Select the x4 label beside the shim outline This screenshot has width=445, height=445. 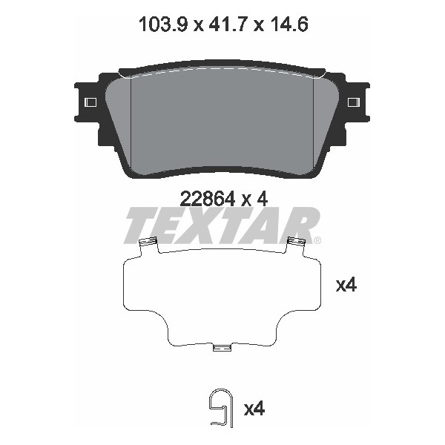[x=346, y=285]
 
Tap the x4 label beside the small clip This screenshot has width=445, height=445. [x=254, y=407]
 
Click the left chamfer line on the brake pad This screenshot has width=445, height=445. [x=131, y=119]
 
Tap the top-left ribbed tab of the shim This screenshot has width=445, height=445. [x=148, y=242]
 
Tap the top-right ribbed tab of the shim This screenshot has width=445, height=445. [x=297, y=242]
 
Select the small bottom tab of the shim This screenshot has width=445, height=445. [x=222, y=348]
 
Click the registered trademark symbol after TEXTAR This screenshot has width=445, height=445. [x=317, y=240]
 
